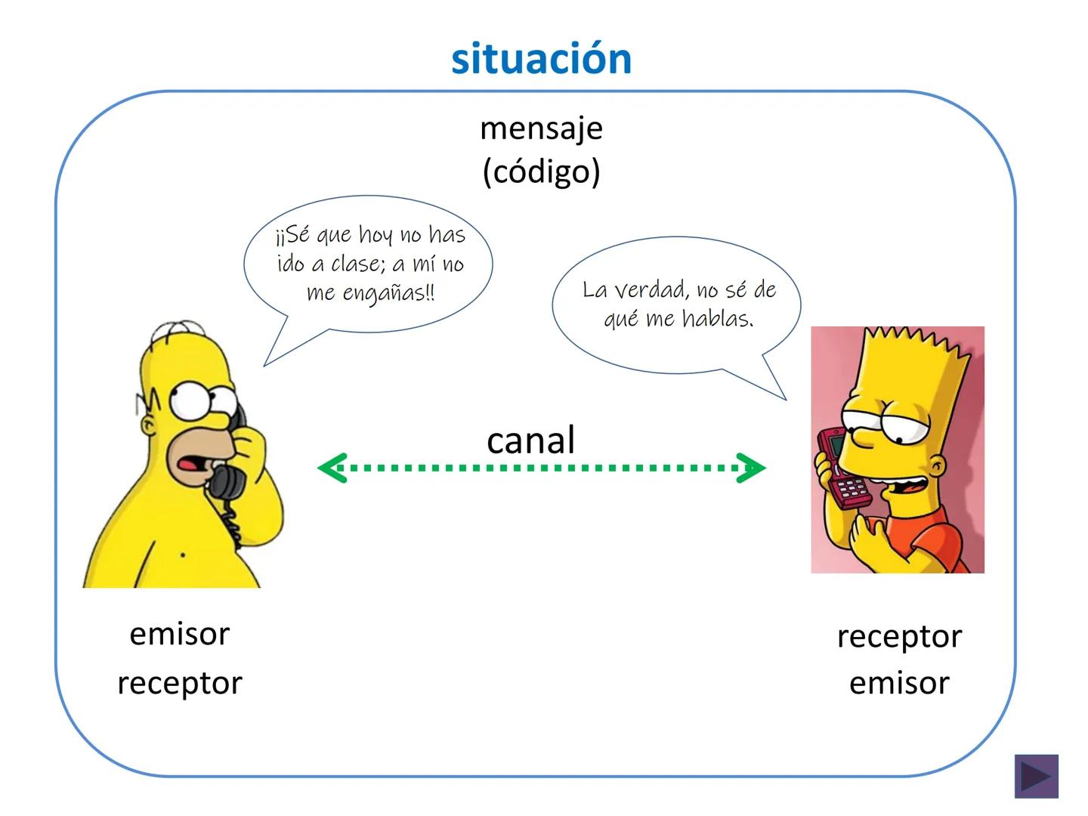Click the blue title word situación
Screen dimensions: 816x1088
(541, 59)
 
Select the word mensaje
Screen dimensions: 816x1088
(541, 128)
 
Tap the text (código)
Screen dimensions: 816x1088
(541, 172)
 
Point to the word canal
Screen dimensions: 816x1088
(530, 440)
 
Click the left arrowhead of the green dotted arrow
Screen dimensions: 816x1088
(331, 468)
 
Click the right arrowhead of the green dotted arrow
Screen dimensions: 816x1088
(752, 468)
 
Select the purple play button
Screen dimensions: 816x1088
(1036, 776)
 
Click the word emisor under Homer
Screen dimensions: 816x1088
(179, 634)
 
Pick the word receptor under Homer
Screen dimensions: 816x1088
(179, 683)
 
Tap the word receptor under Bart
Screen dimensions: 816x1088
(899, 636)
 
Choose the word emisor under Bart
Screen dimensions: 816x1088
(899, 683)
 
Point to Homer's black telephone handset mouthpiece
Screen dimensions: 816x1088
(225, 482)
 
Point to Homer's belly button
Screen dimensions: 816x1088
(183, 556)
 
